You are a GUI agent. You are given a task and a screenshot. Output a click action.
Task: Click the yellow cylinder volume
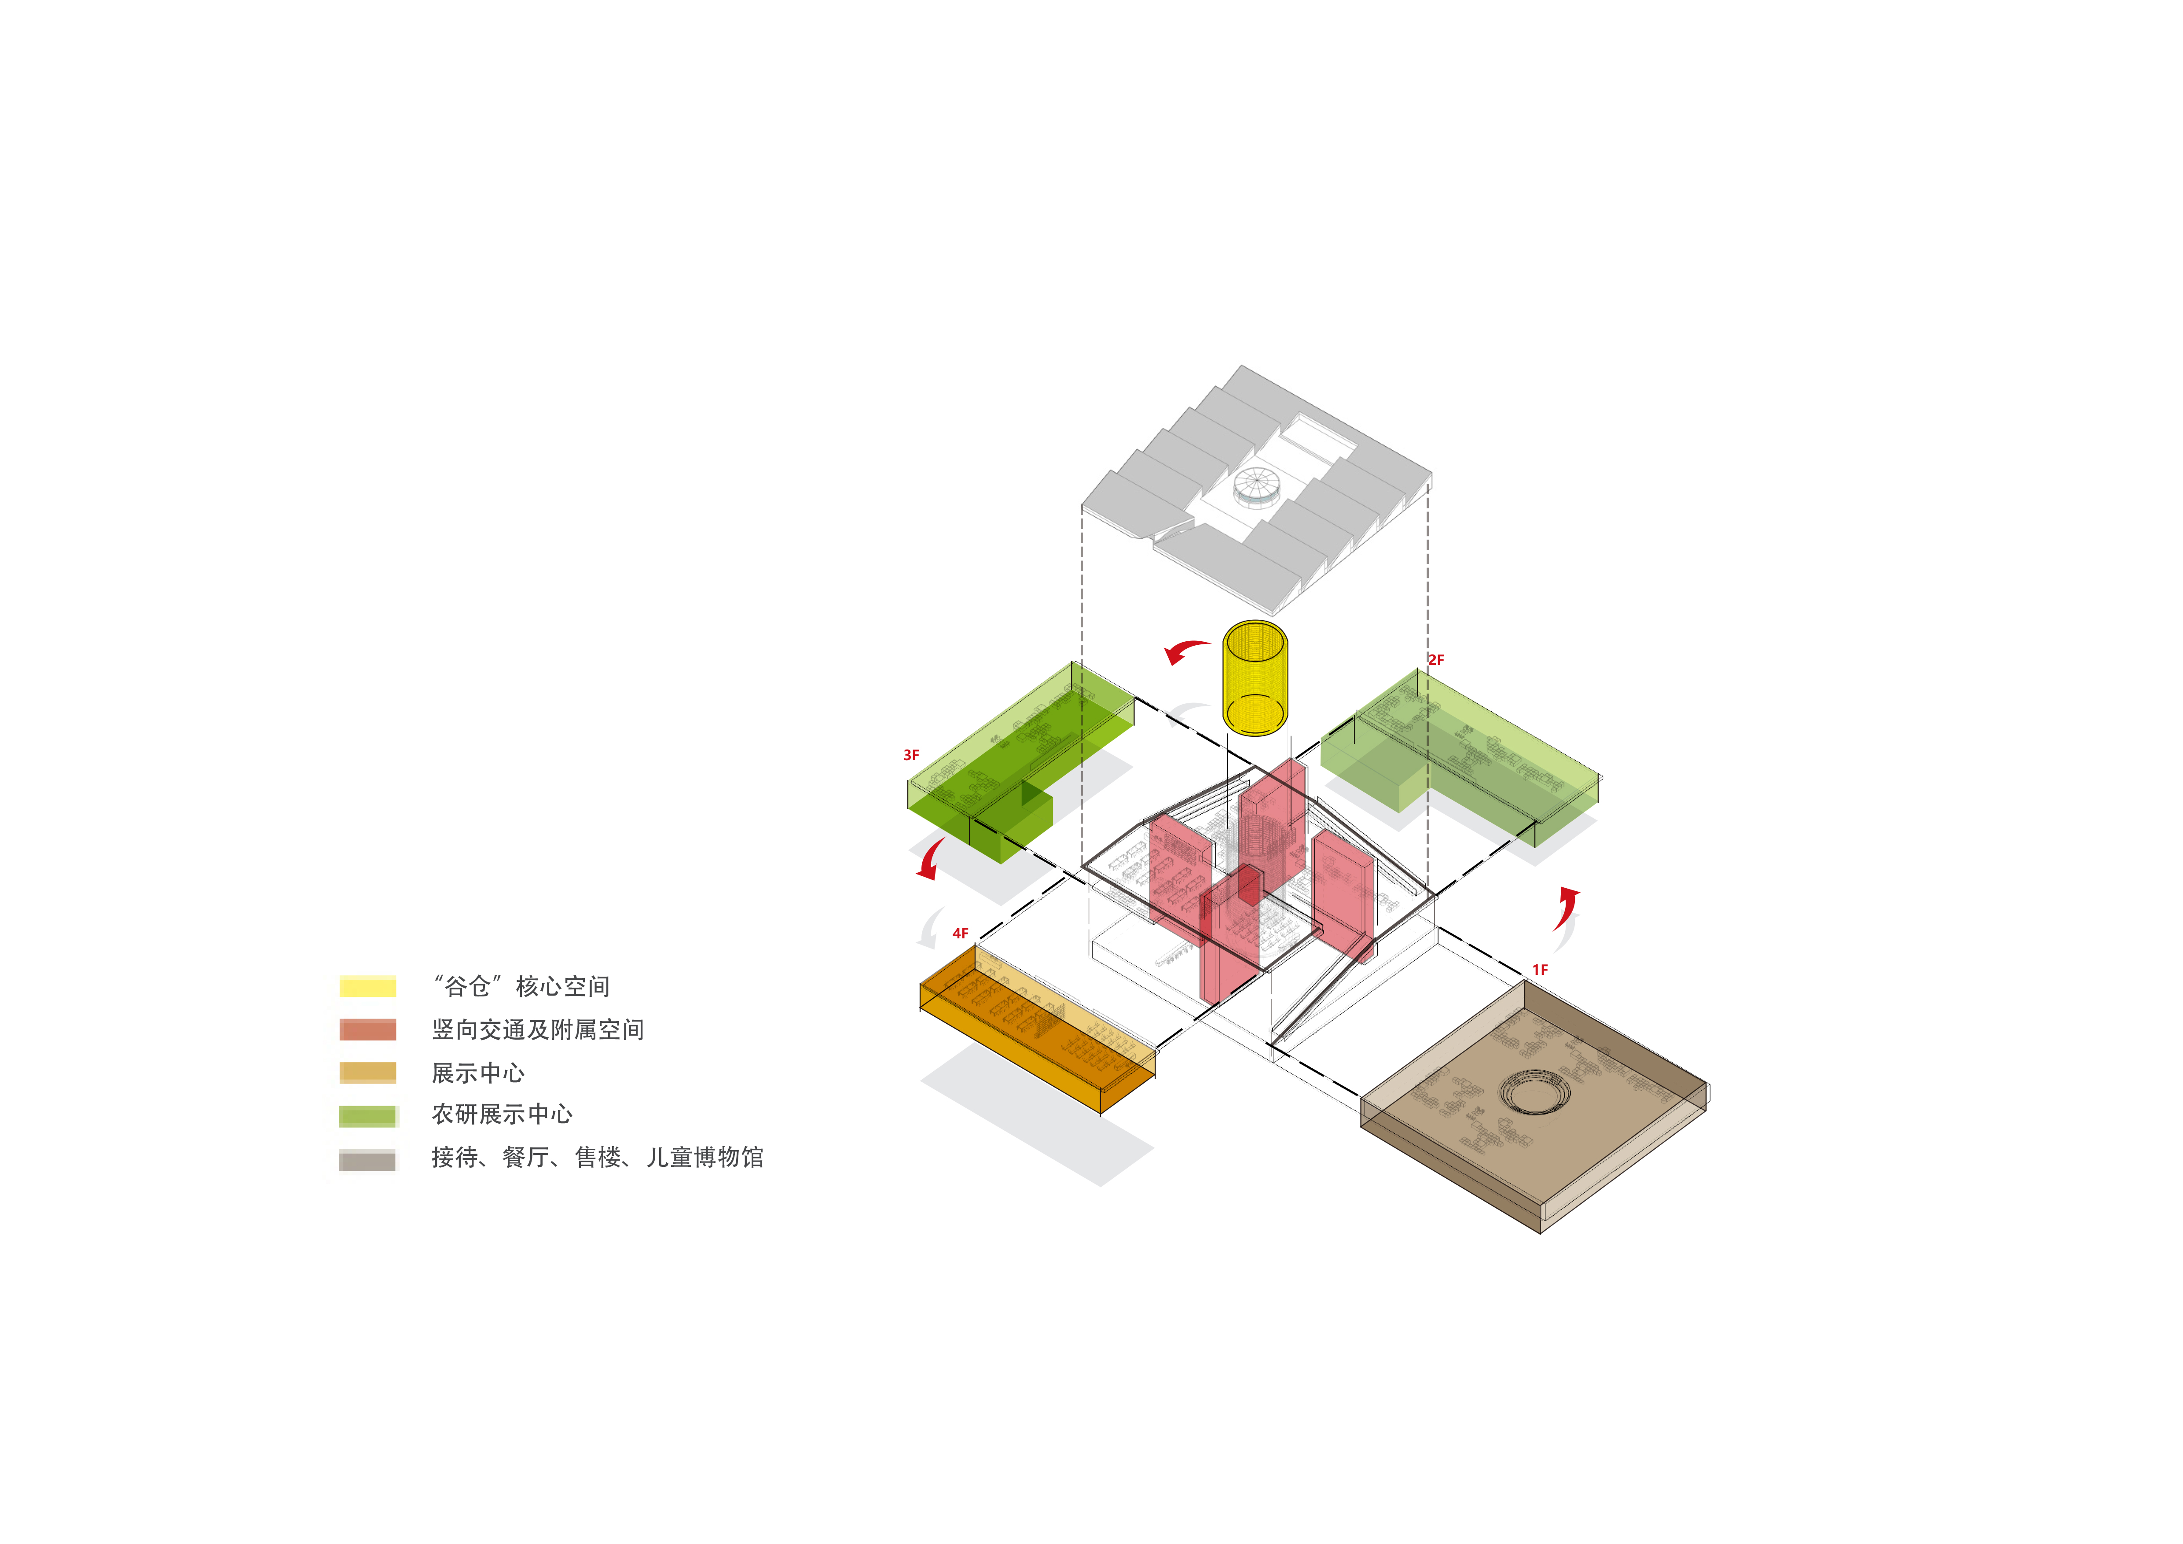(1255, 678)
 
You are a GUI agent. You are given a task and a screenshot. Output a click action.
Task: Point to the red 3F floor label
(911, 755)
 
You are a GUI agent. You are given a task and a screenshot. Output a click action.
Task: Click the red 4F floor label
(960, 934)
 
